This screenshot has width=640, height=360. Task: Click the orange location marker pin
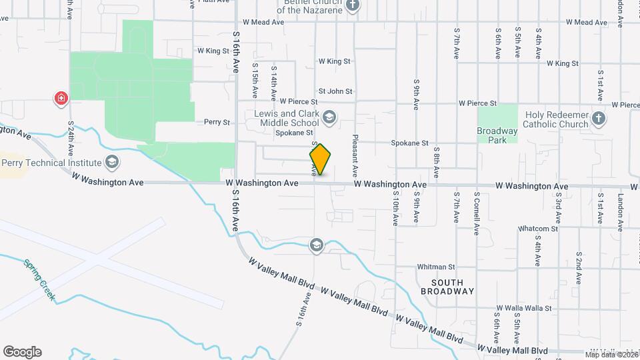point(320,160)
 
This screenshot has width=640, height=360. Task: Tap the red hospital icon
point(61,99)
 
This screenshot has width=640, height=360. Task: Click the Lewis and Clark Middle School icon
point(329,118)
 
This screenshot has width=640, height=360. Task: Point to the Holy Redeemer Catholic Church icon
point(599,119)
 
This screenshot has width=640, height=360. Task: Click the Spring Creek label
point(39,279)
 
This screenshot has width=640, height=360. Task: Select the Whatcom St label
point(538,229)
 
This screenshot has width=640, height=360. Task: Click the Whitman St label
point(436,267)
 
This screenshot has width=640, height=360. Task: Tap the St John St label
point(335,91)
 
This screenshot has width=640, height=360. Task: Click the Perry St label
point(217,123)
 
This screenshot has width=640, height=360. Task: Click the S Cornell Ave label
point(477,213)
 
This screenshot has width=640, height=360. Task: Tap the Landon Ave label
point(620,212)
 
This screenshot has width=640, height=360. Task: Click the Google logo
point(22,352)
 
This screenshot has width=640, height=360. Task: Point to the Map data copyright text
point(612,354)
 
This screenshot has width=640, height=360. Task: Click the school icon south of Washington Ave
point(316,246)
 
